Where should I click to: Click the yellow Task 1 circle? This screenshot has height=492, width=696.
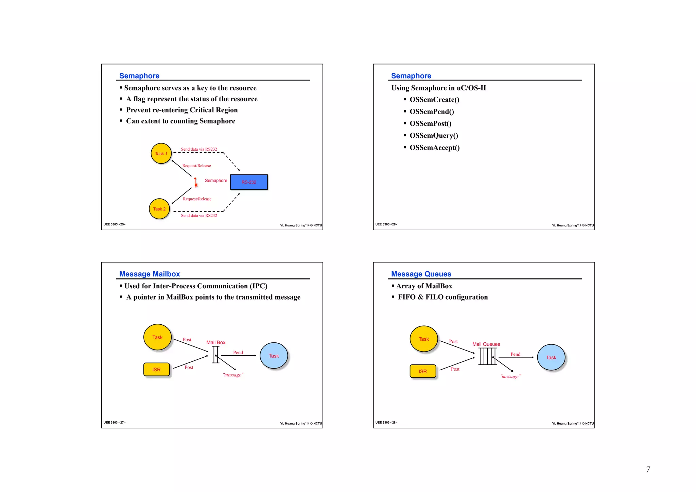(161, 154)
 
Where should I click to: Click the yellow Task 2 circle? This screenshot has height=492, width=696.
(159, 209)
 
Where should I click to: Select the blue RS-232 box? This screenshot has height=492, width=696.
(249, 182)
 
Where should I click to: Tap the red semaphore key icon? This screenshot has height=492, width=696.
(196, 183)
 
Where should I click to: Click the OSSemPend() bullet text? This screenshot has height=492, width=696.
(432, 112)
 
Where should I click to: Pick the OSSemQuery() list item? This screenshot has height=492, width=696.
(434, 136)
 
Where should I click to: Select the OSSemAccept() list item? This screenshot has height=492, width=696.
(434, 148)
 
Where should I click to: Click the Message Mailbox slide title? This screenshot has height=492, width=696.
(150, 274)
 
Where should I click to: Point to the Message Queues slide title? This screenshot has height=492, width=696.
(421, 274)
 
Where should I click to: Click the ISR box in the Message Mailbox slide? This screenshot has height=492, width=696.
(156, 370)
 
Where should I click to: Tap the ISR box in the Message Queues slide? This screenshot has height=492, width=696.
(423, 371)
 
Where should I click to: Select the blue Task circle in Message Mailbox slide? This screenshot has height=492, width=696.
(274, 356)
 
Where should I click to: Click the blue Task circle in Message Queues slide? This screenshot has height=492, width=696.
(551, 357)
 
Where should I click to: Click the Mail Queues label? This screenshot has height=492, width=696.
(486, 344)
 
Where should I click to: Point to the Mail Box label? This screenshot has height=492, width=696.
(216, 342)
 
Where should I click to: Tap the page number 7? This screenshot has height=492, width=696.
(648, 470)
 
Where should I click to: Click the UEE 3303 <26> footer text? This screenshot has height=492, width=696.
(386, 224)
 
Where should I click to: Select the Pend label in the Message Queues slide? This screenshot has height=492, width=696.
(515, 354)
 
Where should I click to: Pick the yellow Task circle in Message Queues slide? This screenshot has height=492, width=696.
(423, 339)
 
